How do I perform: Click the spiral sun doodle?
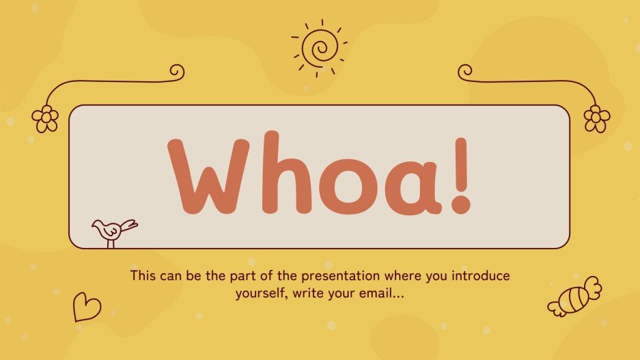coord(320,48)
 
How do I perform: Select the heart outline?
coord(87,307)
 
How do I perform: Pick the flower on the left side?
coord(46,118)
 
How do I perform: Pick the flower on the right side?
coord(596,118)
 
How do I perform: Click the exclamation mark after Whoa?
coord(461,175)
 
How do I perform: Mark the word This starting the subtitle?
coord(143,277)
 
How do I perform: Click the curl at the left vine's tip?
coord(177,71)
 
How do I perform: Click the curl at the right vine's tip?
coord(465,71)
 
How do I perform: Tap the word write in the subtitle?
coord(301,294)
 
